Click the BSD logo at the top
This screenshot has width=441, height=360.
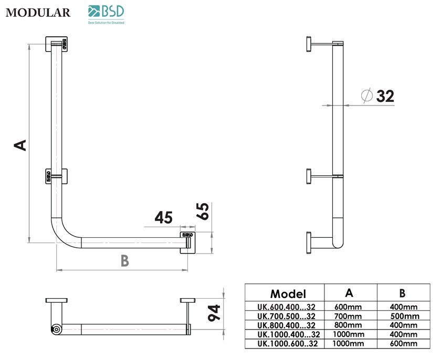point(107,14)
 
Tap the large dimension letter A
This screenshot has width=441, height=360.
point(20,144)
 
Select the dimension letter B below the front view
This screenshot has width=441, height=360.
point(124,260)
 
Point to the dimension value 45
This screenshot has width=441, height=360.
point(164,217)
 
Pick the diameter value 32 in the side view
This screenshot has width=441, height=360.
point(385,96)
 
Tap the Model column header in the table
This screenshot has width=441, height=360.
point(287,293)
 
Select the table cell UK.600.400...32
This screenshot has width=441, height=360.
point(286,306)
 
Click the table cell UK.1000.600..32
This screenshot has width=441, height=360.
point(288,344)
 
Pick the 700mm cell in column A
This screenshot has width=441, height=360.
point(348,316)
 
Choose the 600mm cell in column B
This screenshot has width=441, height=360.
point(404,344)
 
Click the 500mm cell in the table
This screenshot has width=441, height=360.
point(404,316)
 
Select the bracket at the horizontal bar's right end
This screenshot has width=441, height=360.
point(187,241)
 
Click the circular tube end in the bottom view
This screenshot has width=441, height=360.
point(55,329)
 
